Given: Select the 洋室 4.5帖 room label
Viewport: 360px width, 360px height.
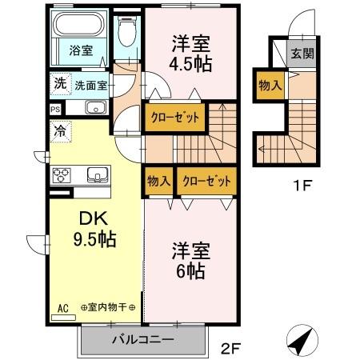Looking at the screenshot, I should point(191,53).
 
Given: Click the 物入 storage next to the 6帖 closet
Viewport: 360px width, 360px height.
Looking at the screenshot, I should point(158,181).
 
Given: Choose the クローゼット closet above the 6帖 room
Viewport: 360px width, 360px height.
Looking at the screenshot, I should point(208,181).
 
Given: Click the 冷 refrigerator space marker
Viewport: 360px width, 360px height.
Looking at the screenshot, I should point(60,130).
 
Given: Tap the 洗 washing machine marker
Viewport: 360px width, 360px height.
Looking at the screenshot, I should point(59,83).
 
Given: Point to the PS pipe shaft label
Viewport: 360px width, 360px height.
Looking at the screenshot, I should point(55,109).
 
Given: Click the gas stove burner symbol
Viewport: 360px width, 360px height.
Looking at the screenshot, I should point(63,175).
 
